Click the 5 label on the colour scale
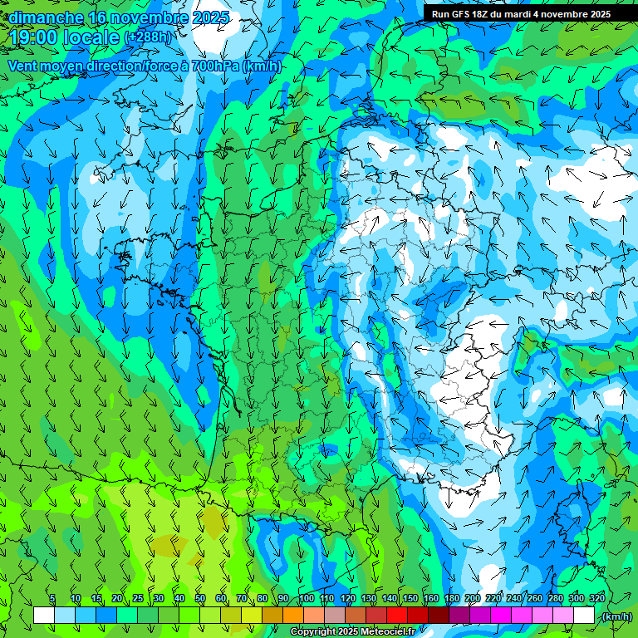[52, 598]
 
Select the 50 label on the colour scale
[200, 598]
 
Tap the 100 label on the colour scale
[307, 598]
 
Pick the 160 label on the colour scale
[431, 598]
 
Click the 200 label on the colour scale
[473, 598]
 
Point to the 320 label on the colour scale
[597, 598]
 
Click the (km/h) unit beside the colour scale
[617, 616]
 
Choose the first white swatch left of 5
[44, 616]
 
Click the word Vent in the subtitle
[23, 66]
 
